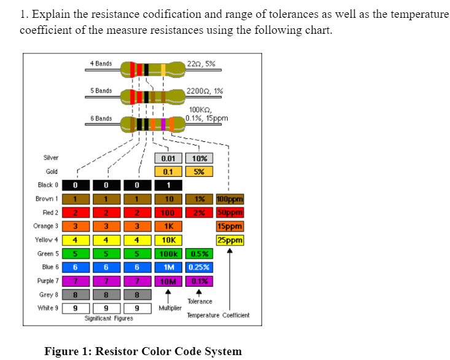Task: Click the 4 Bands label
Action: (x=101, y=63)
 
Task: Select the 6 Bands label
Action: (x=101, y=118)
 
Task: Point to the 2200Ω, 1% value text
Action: (x=204, y=91)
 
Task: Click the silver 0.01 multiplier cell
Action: (x=168, y=158)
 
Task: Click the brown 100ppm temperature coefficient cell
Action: (x=230, y=199)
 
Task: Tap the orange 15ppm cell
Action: (x=230, y=226)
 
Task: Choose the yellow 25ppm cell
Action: (x=230, y=240)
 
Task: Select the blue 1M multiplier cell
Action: (x=168, y=267)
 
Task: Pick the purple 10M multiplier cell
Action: (x=168, y=281)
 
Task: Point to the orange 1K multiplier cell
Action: (x=168, y=226)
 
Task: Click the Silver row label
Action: (x=50, y=158)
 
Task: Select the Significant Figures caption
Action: (x=108, y=318)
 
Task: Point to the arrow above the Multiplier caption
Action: (x=168, y=295)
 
